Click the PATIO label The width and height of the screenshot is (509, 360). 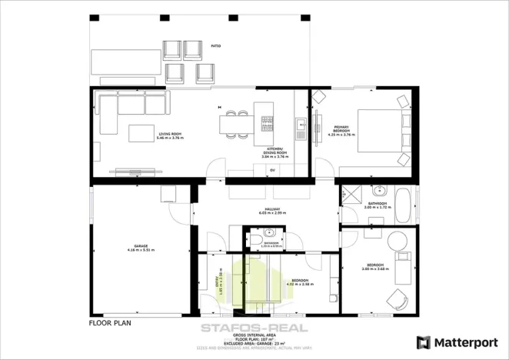[x=216, y=47]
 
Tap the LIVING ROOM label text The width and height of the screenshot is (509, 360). [x=171, y=135]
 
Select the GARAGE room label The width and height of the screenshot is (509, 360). [x=140, y=246]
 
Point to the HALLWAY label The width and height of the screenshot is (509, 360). [x=271, y=208]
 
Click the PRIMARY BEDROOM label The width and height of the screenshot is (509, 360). [x=341, y=128]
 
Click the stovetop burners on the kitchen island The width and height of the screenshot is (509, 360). [x=268, y=121]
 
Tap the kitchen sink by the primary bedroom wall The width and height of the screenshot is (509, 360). [x=301, y=125]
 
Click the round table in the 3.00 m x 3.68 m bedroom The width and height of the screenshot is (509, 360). [x=398, y=242]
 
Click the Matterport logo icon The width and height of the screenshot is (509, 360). [x=423, y=342]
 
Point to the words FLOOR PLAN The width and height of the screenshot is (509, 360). [x=113, y=324]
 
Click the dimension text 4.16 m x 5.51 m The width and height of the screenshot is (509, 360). [x=140, y=251]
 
